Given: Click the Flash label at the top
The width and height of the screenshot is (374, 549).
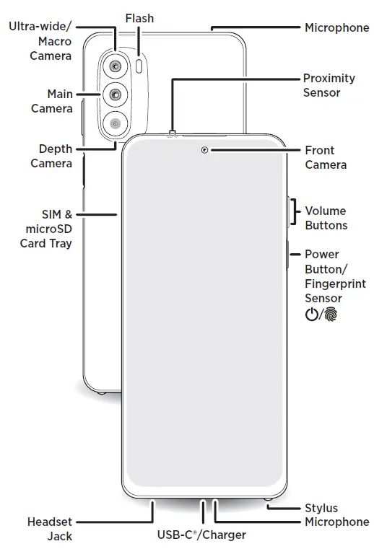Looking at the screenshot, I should (x=139, y=17).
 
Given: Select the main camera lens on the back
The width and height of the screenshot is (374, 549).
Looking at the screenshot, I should (x=116, y=94).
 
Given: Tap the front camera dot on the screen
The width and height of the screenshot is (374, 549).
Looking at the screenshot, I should (x=206, y=150).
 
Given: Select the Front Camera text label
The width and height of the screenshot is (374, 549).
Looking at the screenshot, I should (x=325, y=157).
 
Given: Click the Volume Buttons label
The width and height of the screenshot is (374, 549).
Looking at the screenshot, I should (x=326, y=218).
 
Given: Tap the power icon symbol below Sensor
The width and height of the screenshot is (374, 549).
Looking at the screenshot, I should (x=312, y=315).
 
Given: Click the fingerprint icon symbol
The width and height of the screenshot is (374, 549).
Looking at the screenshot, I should (x=331, y=315).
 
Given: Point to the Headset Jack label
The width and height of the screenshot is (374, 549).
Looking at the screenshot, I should (x=50, y=528).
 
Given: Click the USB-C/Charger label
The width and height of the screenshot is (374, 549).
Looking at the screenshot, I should (x=202, y=535).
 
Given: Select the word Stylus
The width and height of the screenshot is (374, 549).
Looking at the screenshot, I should (x=321, y=508).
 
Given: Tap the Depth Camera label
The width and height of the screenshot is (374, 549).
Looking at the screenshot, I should (x=52, y=156).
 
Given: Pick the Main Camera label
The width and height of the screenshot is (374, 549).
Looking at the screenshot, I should (x=52, y=101).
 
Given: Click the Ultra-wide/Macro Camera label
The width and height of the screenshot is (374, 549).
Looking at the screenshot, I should (x=41, y=41).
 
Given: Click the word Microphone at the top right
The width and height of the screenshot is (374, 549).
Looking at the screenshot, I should (x=336, y=27).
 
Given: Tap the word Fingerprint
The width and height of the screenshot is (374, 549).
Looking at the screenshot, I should (x=334, y=284).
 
